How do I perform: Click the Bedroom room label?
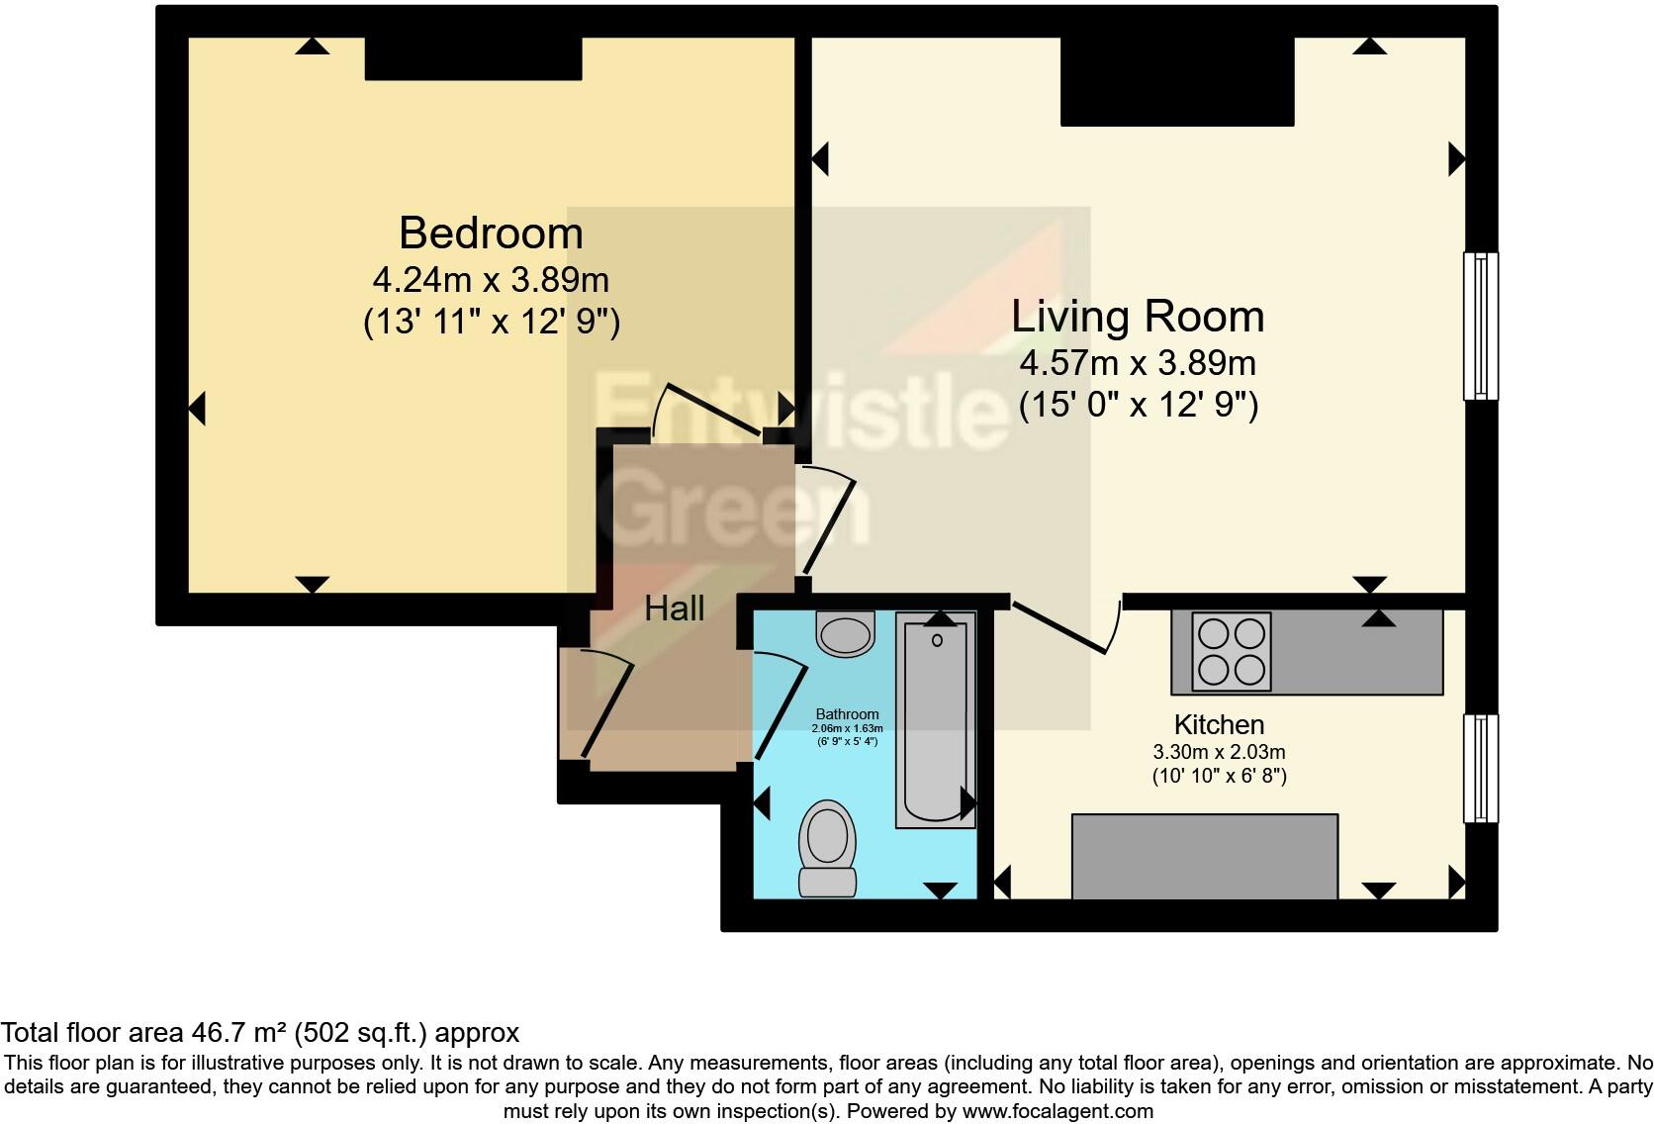491,234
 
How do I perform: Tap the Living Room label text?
1138,317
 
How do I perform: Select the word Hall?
675,609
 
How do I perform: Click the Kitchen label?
1219,724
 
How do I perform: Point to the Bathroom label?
847,714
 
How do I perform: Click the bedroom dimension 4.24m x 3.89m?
491,280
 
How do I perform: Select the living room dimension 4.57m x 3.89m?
1138,363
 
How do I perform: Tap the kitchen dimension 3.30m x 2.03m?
1219,752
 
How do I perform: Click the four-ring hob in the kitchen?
1231,651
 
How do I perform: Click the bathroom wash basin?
846,633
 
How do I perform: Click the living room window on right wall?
1480,326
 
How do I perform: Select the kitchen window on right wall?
1480,769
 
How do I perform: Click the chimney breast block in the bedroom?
473,59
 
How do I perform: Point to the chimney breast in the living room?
1177,81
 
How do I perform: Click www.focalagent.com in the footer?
1057,1111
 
